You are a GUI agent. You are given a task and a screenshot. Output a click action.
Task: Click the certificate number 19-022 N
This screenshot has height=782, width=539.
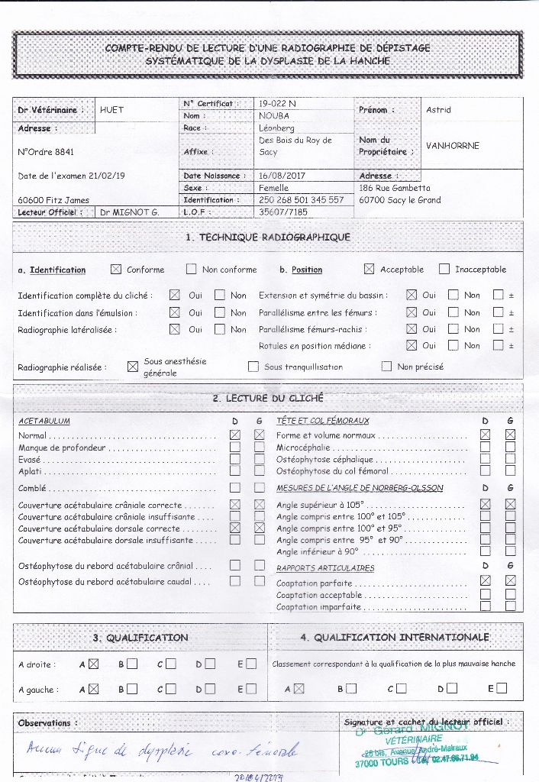[277, 103]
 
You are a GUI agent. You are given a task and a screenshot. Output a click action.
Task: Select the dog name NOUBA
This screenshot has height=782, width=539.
[274, 115]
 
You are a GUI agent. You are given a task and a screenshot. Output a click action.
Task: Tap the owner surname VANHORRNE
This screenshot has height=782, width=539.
[453, 146]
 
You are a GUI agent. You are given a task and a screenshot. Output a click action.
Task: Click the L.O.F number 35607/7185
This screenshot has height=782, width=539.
[283, 212]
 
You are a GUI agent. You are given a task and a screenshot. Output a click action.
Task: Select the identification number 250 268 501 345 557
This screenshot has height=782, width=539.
[301, 199]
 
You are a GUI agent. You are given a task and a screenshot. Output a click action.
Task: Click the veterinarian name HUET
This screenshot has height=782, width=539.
[111, 109]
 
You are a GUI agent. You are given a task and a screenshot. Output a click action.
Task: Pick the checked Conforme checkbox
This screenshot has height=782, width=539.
[116, 269]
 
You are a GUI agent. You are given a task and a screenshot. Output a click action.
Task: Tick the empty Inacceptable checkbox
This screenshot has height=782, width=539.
[444, 269]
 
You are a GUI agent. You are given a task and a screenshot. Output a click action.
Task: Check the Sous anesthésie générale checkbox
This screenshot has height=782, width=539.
[133, 367]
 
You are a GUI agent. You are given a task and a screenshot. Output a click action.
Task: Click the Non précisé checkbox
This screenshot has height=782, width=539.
[386, 367]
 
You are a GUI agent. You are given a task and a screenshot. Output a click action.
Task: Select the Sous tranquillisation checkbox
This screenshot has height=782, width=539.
[253, 367]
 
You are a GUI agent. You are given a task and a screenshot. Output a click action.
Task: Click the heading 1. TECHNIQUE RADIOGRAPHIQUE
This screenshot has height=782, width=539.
[268, 237]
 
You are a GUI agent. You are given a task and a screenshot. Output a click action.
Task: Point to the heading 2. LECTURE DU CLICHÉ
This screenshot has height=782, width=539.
[268, 397]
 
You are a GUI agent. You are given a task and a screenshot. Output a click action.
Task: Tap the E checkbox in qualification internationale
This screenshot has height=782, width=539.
[502, 688]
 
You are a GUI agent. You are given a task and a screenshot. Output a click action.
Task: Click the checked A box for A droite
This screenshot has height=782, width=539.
[94, 664]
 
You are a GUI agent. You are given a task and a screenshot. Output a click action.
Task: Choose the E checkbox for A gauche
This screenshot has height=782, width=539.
[252, 689]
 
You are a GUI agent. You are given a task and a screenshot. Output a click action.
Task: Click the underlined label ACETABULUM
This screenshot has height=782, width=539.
[44, 421]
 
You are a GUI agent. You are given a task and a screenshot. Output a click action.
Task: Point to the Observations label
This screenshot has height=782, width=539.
[44, 722]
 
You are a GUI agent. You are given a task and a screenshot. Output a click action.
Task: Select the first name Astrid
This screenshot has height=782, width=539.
[438, 110]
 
